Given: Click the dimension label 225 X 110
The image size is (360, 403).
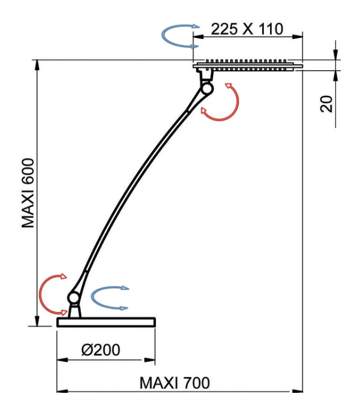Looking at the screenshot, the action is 247,29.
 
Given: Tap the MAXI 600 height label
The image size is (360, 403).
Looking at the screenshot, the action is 28,193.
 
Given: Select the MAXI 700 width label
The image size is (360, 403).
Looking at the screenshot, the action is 175,383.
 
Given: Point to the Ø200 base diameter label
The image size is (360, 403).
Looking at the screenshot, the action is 101,350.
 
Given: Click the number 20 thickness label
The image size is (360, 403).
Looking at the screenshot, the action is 326,103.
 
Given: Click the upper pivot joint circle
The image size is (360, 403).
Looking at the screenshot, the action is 207,89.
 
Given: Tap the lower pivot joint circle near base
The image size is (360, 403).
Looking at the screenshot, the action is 73,298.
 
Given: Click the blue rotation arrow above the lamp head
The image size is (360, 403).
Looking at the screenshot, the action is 163,36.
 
